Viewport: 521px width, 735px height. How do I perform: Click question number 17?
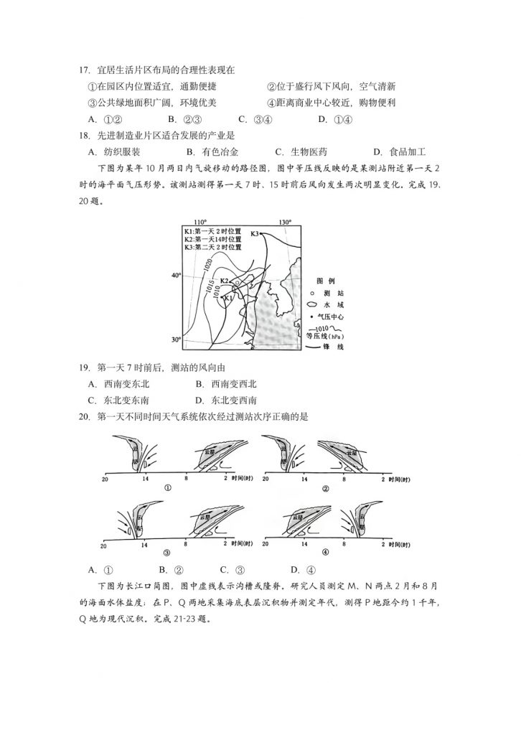(83, 70)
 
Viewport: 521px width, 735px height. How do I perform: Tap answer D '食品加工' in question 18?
(400, 151)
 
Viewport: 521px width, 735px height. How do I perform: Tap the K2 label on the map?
(224, 281)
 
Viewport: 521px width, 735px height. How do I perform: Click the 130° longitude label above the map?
(286, 222)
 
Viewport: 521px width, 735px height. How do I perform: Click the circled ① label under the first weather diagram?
(168, 489)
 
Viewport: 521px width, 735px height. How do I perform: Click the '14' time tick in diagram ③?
(145, 541)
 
